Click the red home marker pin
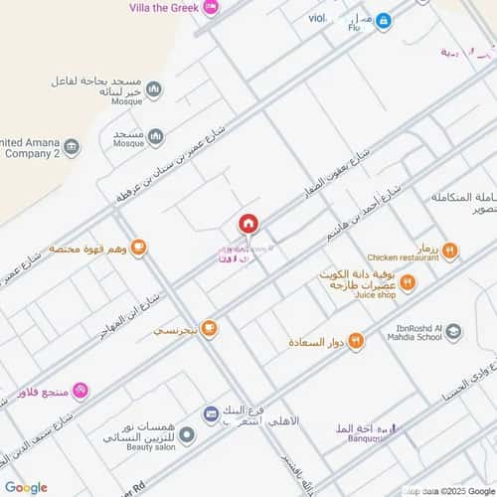(248, 223)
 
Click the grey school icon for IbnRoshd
(453, 332)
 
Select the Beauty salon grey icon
(187, 434)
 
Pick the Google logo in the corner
(26, 487)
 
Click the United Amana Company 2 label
(30, 149)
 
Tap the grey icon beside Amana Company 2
(72, 148)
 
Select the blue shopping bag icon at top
(383, 20)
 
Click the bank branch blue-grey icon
(211, 414)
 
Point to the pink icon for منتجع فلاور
(83, 389)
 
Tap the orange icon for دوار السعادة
(357, 341)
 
